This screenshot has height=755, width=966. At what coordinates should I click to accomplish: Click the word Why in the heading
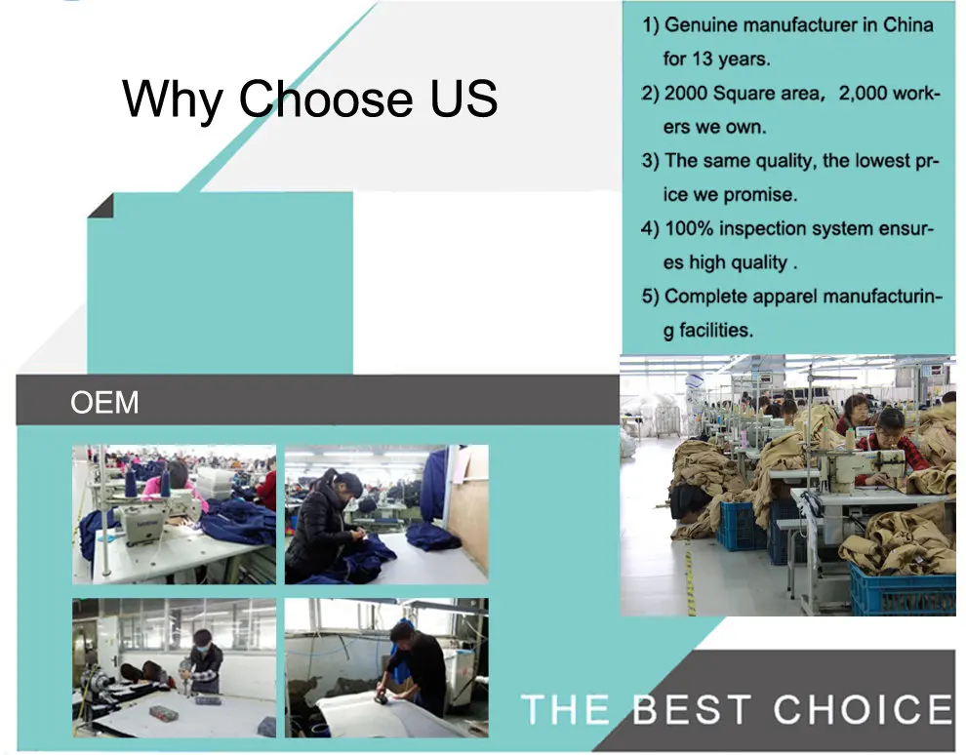(173, 99)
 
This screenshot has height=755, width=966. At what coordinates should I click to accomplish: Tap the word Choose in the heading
(325, 98)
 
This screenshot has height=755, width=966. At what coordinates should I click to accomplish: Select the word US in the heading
(463, 98)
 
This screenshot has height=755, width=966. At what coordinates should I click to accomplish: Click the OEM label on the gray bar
(104, 402)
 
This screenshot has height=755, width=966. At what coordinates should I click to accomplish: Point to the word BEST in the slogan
(693, 709)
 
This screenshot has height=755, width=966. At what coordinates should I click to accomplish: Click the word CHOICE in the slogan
(863, 709)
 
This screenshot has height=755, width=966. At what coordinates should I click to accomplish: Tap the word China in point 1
(908, 24)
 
